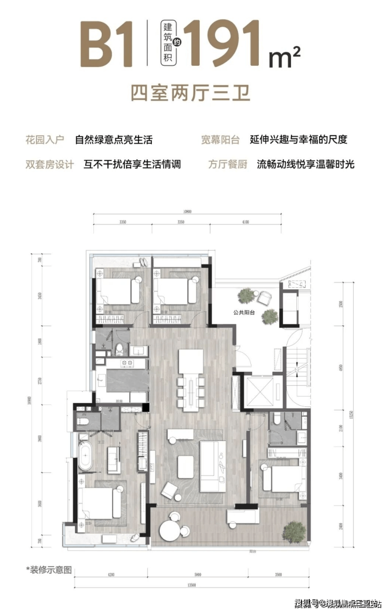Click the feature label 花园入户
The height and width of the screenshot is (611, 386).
point(44,139)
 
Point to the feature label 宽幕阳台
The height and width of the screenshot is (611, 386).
point(220,139)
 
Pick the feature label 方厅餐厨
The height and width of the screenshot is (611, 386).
point(220,164)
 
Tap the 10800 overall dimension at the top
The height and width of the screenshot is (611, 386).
point(188,211)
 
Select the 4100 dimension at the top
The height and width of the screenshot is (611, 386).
point(246,222)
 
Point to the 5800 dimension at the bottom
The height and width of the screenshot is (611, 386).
point(195,574)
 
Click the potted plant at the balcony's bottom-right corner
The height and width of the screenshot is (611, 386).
point(294,531)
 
